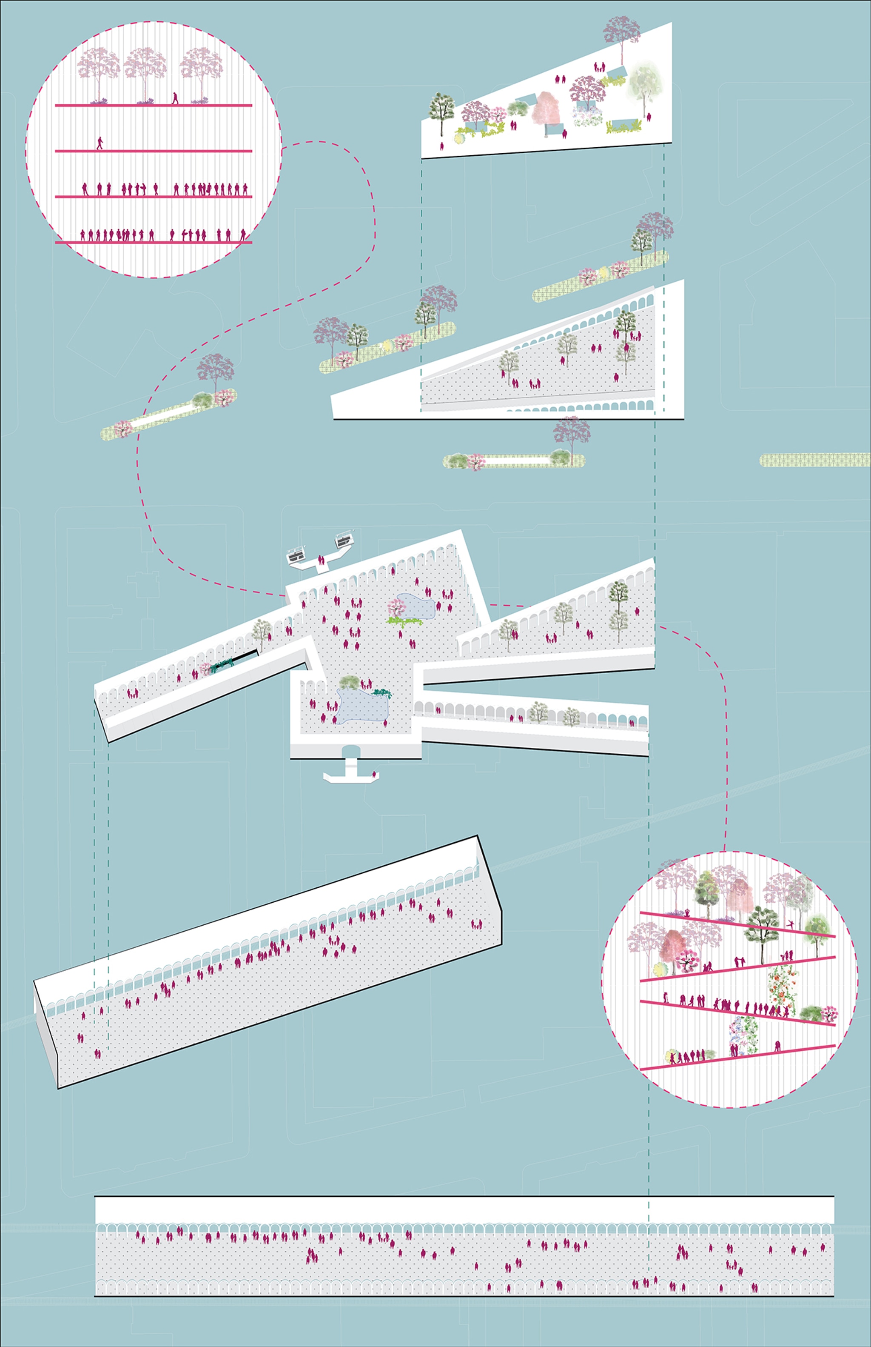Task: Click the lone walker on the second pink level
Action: point(100,143)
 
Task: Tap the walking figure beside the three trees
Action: point(175,98)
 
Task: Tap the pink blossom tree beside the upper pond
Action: point(396,609)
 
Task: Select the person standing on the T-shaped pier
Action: point(374,774)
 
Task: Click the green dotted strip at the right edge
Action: point(814,460)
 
